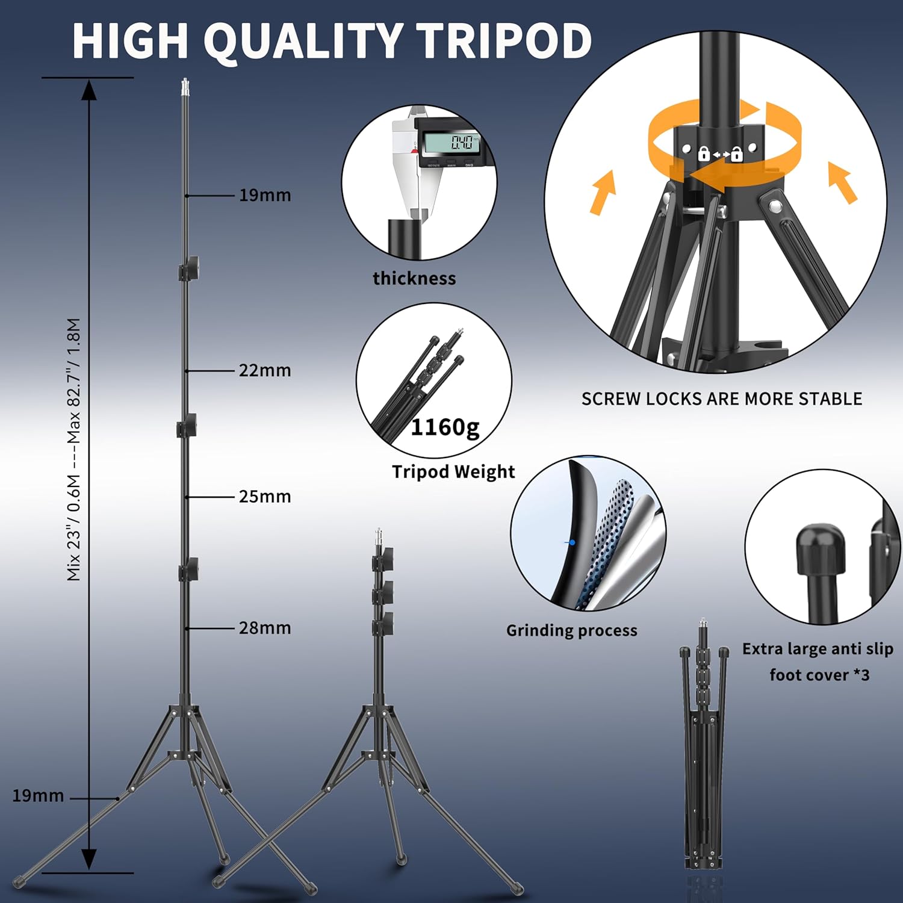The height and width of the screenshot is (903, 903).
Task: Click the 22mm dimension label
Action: coord(265,370)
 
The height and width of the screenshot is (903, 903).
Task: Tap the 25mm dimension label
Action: coord(265,497)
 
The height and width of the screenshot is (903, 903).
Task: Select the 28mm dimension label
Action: coord(265,628)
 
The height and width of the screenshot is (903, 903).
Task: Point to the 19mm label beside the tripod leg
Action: coord(38,796)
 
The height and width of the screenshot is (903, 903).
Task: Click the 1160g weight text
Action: coord(445,427)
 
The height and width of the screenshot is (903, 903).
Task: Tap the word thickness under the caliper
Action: coord(414,278)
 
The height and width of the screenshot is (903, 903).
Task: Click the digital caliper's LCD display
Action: coord(450,143)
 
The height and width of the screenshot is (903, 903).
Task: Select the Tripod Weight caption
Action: coord(453,472)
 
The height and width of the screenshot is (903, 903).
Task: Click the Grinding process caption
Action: coord(571,630)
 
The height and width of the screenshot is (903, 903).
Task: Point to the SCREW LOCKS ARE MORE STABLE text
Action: coord(722,399)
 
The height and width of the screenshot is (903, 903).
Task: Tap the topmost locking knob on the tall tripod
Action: coord(189,268)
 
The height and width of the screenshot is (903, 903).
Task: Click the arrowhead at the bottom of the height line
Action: coord(89,859)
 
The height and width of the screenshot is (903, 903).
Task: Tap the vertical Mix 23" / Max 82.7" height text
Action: coord(73,449)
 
